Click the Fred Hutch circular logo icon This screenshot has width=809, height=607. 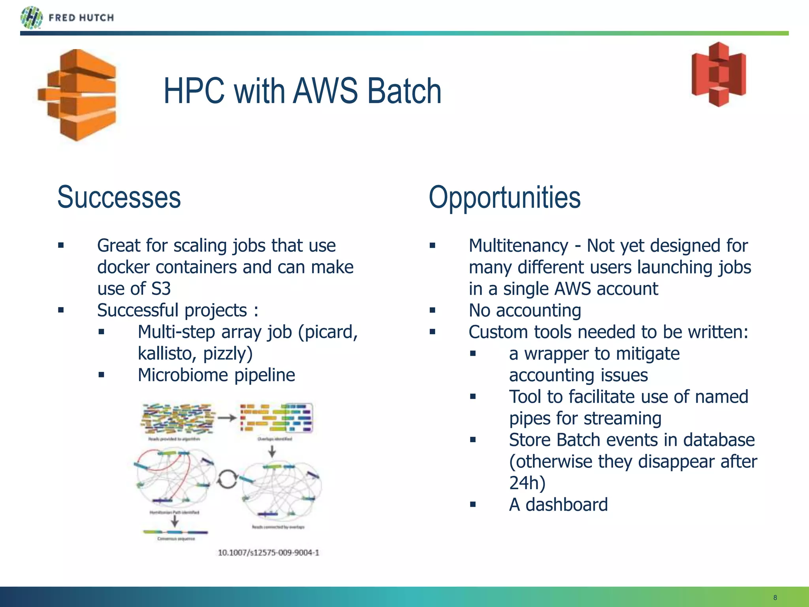tap(31, 18)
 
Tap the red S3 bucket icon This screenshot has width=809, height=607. tap(719, 74)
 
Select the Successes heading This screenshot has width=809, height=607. tap(119, 197)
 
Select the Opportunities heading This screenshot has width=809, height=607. tap(504, 197)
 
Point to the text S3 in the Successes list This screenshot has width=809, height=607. tap(161, 289)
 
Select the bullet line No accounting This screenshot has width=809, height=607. tap(525, 311)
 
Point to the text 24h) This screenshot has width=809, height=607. tap(527, 483)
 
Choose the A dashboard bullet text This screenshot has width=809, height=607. tap(558, 505)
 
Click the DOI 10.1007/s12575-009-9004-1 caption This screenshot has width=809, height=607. tap(268, 552)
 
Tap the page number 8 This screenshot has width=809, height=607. tap(775, 598)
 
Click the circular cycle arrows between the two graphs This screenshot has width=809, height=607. tap(228, 479)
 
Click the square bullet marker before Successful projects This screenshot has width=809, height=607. tap(61, 310)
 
